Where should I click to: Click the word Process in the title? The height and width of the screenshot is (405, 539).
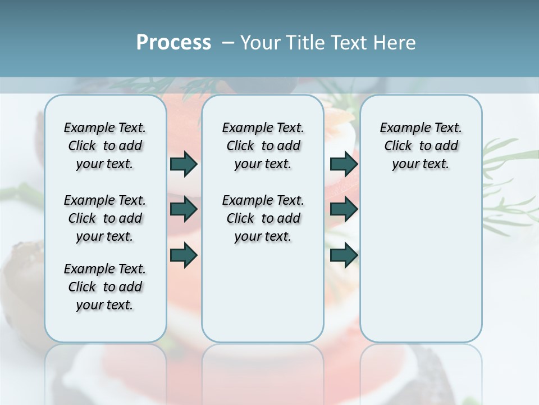[x=173, y=43]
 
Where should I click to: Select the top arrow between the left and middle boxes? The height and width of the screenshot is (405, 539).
[x=184, y=164]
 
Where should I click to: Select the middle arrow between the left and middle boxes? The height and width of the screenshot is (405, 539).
[x=184, y=210]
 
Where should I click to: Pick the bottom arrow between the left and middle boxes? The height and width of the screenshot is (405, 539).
[x=184, y=255]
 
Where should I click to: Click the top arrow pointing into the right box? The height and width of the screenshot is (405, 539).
[x=344, y=164]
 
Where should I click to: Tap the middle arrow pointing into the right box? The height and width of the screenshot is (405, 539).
[x=344, y=210]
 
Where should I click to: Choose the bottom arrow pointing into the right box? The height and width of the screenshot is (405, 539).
[x=344, y=255]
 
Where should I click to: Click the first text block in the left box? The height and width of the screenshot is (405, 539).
[x=105, y=146]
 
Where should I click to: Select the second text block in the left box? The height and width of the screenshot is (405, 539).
[x=105, y=218]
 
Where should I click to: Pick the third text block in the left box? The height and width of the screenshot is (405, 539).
[x=105, y=287]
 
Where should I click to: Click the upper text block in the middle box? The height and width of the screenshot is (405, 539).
[x=263, y=146]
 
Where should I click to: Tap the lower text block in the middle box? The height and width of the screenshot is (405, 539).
[x=263, y=218]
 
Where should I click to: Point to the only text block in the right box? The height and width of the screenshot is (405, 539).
[x=421, y=146]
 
